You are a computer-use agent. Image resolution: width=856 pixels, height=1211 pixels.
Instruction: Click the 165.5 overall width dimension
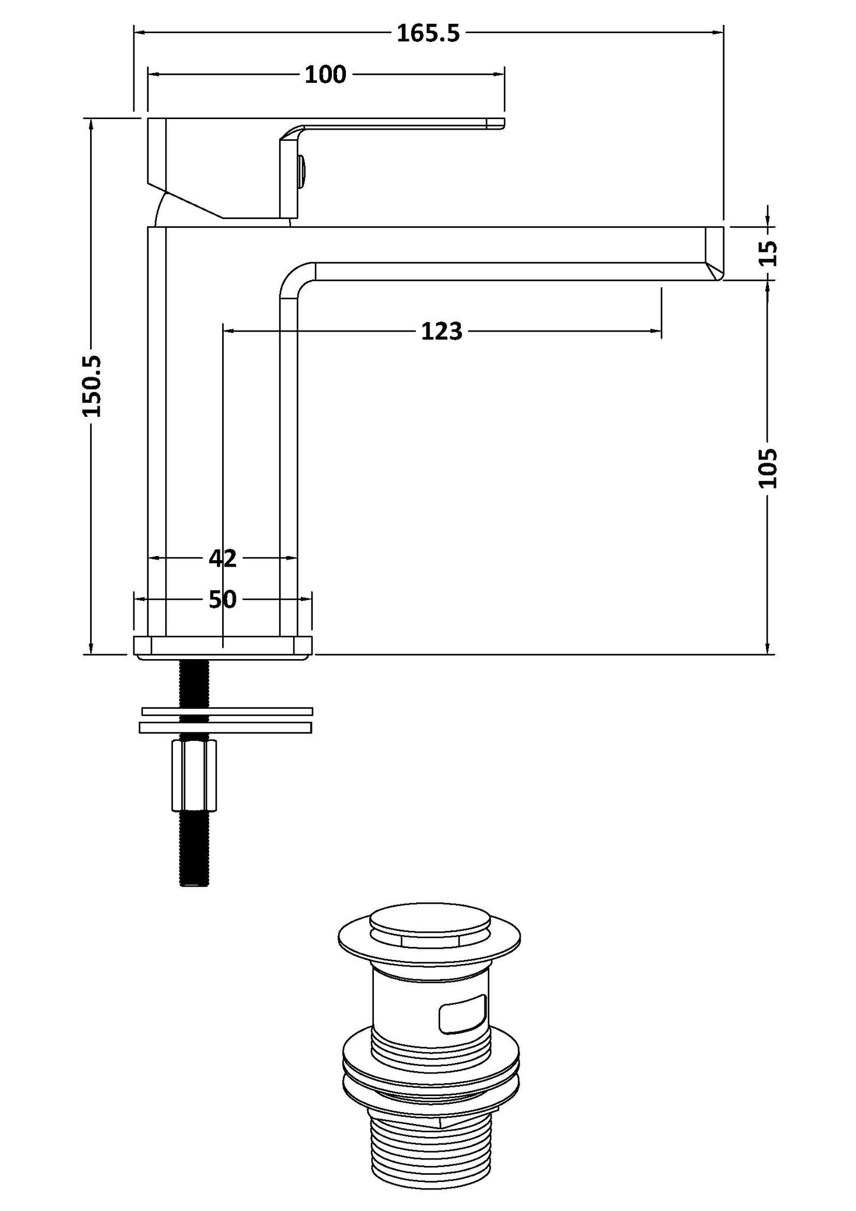coord(428,34)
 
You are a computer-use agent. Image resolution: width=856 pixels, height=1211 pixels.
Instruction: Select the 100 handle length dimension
coord(325,75)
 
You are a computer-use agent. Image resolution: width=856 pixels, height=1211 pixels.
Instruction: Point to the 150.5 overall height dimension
coord(92,386)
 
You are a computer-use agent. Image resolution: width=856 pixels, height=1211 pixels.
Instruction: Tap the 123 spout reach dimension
coord(441,332)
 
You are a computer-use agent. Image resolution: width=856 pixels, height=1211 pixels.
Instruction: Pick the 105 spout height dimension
coord(768,468)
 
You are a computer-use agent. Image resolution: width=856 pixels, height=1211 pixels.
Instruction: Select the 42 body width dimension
coord(222,558)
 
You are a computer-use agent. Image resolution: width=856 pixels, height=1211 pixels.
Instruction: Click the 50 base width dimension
coord(222,600)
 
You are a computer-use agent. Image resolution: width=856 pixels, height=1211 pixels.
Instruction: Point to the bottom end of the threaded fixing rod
coord(194,882)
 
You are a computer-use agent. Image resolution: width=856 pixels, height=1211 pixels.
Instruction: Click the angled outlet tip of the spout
coord(715,253)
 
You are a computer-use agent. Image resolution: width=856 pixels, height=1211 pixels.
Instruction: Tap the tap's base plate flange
coord(223,647)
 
